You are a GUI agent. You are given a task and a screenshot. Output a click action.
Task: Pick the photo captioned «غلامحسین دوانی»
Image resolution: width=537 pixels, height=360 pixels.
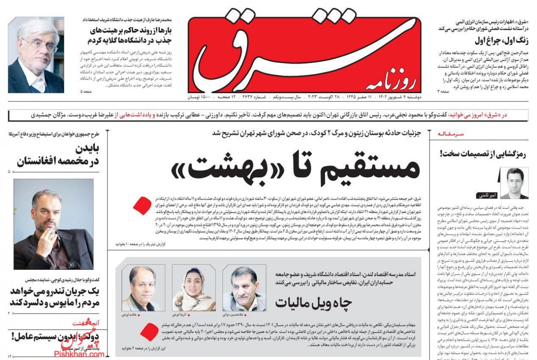[238, 287]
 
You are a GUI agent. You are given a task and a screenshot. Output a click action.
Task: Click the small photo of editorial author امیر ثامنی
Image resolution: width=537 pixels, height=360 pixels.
[514, 182]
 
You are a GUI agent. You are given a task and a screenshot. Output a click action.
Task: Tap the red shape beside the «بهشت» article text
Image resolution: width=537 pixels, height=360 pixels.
[142, 205]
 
